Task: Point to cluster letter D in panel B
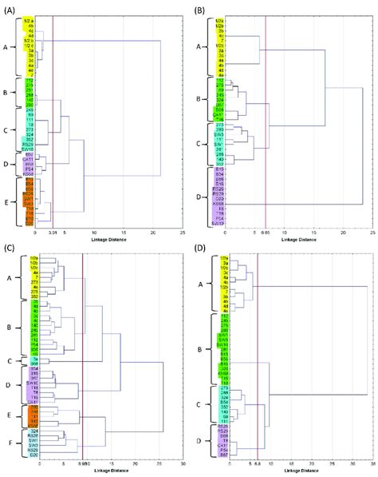coord(198,193)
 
